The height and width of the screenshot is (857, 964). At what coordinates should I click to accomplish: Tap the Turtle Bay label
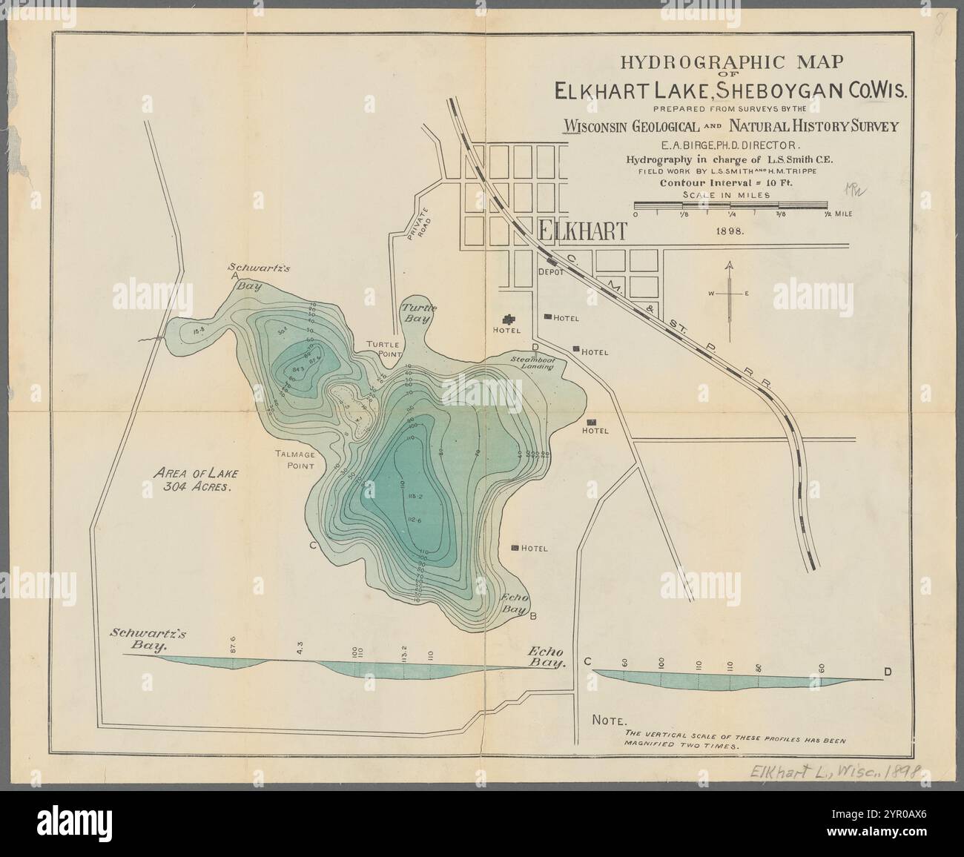[416, 313]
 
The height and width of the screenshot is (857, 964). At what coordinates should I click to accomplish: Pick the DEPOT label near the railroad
[550, 272]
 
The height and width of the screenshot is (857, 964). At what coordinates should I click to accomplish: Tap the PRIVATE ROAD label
[412, 220]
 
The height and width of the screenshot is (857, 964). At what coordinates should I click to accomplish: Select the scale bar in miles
[730, 204]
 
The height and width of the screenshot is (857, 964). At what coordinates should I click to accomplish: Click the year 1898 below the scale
[730, 231]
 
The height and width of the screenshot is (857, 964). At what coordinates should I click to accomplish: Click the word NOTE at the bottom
[610, 719]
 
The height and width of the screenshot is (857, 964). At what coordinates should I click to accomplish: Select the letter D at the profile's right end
[888, 672]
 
